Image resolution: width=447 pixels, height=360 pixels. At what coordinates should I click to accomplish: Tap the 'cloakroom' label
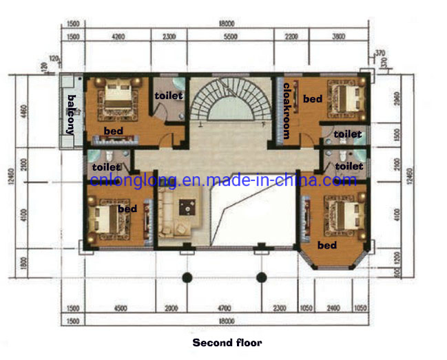click(x=287, y=110)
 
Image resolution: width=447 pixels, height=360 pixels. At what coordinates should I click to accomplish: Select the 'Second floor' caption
click(x=227, y=342)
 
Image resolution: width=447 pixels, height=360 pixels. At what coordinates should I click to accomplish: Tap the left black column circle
click(x=185, y=278)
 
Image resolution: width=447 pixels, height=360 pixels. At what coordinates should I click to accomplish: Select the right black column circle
click(x=261, y=278)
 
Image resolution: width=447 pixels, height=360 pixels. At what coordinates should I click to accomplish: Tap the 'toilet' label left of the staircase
click(x=168, y=96)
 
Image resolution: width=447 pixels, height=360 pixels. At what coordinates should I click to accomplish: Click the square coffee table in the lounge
click(x=186, y=206)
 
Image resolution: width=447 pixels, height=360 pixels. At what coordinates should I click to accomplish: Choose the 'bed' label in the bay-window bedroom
click(x=326, y=245)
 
